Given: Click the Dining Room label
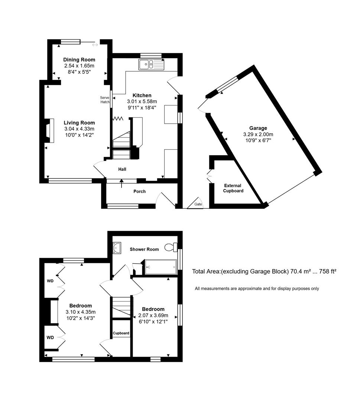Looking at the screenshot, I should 79,59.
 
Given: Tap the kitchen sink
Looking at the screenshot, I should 151,65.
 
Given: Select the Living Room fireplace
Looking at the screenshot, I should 48,131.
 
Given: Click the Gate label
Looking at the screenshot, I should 198,204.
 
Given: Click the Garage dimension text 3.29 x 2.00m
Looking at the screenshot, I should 258,134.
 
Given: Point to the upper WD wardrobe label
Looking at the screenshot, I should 50,281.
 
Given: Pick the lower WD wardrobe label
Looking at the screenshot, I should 50,338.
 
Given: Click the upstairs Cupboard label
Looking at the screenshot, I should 121,333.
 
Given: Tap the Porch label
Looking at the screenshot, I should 139,192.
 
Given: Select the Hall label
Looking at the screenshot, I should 122,169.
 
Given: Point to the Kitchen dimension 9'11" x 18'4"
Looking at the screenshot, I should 142,107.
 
